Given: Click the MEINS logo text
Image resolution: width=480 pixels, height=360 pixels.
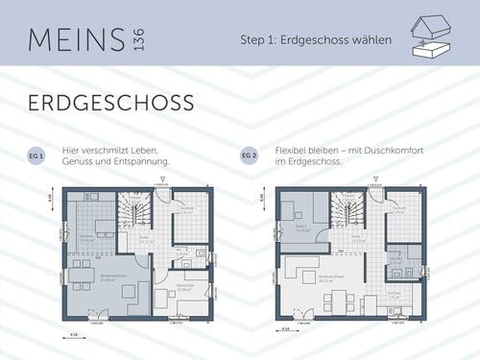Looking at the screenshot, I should [x=73, y=39].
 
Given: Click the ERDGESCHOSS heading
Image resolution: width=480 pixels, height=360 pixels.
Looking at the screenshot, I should [x=111, y=103].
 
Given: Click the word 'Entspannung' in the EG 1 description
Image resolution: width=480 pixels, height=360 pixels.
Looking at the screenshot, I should [x=144, y=161].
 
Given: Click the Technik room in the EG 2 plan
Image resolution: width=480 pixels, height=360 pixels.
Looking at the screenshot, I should [x=399, y=212].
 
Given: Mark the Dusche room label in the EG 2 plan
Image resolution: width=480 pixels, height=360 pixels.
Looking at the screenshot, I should [x=395, y=257].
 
